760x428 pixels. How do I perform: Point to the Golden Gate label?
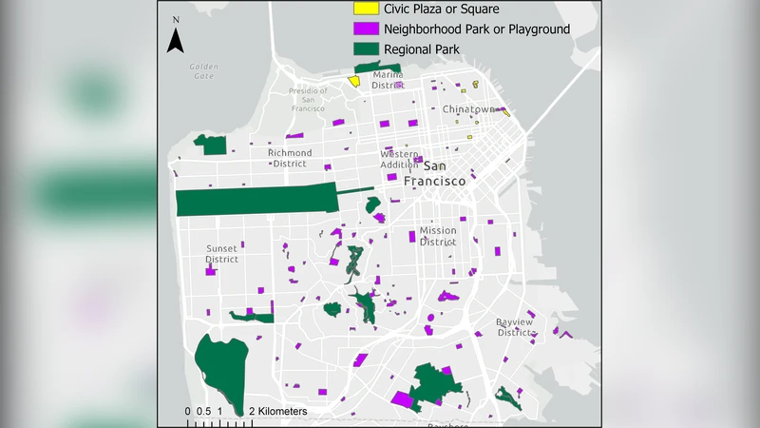[x=203, y=71]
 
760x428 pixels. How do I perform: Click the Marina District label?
[x=389, y=79]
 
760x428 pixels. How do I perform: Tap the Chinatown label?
[x=469, y=109]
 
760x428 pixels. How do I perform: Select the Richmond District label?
[x=290, y=158]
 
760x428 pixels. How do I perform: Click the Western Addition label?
[x=399, y=159]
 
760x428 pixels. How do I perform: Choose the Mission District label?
[x=438, y=236]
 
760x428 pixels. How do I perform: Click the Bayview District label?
[x=517, y=327]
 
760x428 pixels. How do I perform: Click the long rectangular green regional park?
[x=256, y=201]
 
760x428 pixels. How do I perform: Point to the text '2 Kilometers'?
[x=278, y=411]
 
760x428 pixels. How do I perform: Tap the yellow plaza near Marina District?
[x=353, y=81]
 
